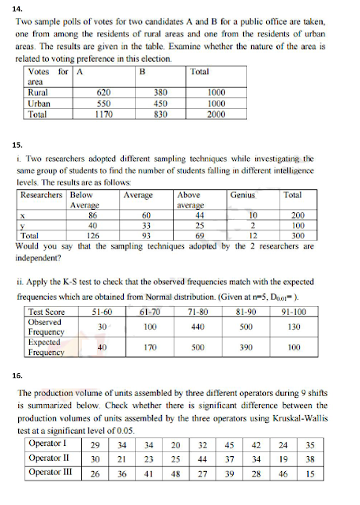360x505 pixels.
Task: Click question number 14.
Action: click(x=20, y=9)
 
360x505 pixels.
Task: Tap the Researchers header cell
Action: click(x=43, y=194)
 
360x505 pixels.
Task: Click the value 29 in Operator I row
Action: click(x=95, y=444)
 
